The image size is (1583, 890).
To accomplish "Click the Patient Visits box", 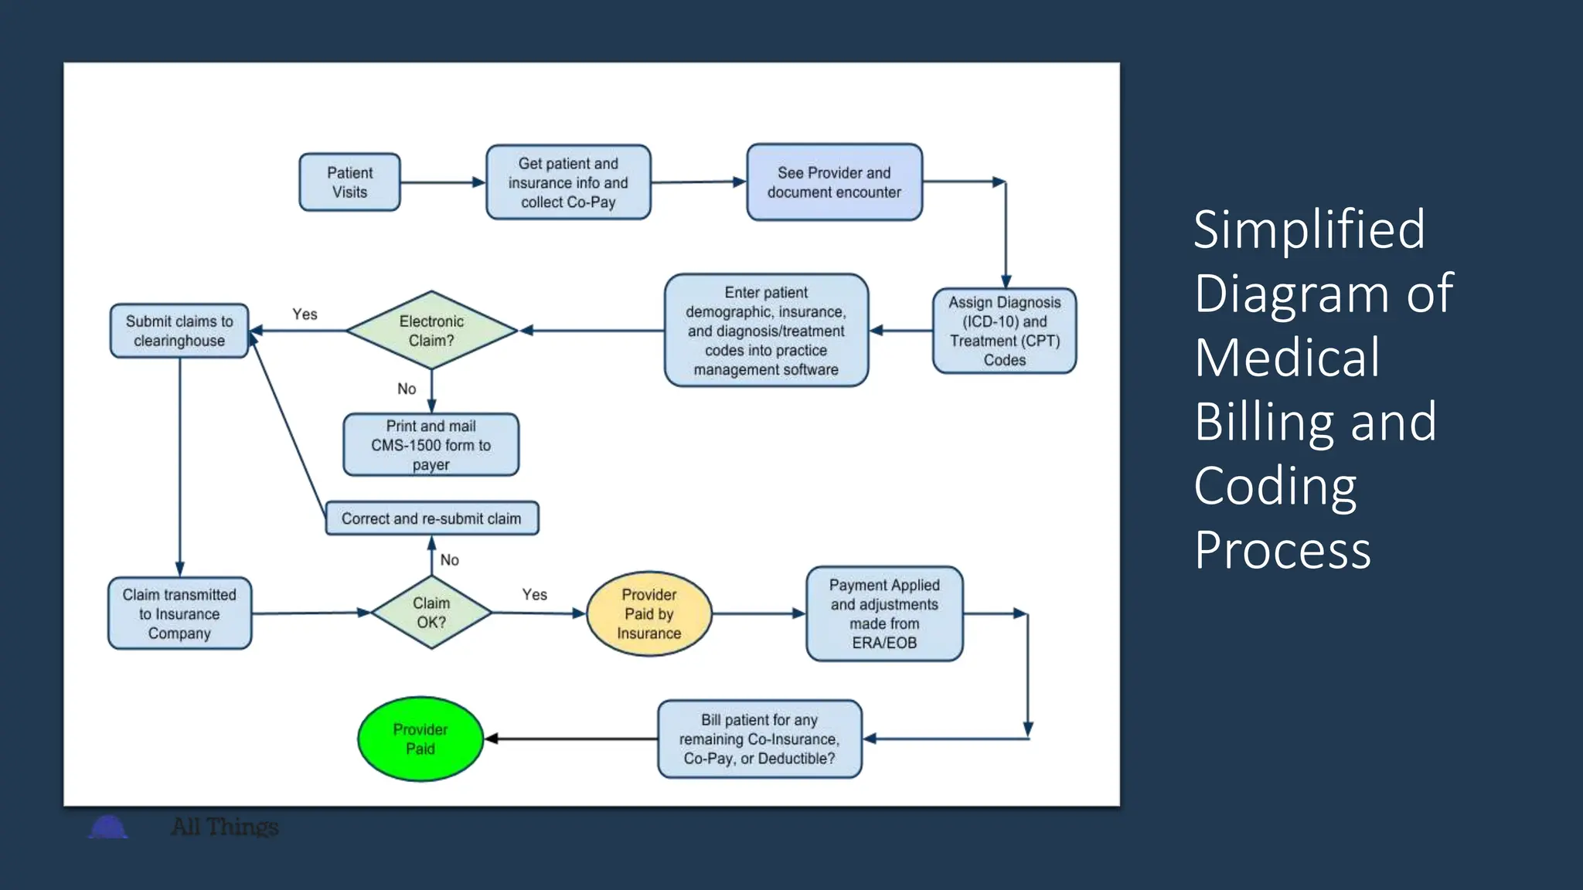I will coord(349,182).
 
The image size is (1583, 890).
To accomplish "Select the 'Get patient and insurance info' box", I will coord(568,182).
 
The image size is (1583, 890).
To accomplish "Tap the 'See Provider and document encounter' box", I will coord(834,182).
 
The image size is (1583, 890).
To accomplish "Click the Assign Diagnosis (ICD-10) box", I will coord(1004,331).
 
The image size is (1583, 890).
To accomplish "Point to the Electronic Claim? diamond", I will coord(431,331).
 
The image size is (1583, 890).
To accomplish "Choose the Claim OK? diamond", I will coord(431,613).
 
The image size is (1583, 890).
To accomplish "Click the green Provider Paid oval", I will coord(420,739).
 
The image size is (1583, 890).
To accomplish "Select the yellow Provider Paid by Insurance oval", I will coord(649,613).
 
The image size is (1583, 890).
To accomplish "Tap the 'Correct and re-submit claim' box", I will coord(431,518).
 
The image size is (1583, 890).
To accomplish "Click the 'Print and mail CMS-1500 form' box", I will coord(431,445).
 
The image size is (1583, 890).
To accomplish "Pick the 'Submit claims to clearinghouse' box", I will coord(179,331).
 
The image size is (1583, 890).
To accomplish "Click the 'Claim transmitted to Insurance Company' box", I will coord(179,613).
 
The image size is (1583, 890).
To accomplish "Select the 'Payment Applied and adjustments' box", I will coord(884,613).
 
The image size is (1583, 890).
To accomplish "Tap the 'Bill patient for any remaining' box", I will coord(759,739).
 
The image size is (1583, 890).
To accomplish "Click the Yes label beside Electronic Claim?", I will coord(305,314).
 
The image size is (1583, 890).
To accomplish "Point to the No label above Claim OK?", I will coord(449,560).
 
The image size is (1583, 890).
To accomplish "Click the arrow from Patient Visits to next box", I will coord(442,182).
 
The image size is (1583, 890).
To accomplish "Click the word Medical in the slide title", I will coord(1286,358).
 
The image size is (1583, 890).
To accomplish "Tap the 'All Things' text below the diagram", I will coord(224,827).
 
